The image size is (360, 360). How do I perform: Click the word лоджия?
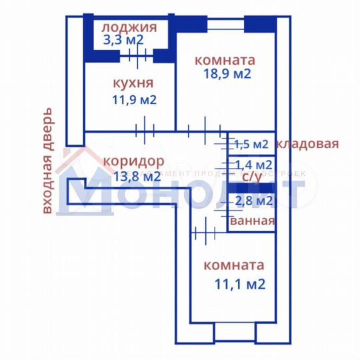[129, 27]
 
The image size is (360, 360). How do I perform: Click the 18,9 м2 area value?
[227, 73]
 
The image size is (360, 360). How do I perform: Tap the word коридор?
[133, 161]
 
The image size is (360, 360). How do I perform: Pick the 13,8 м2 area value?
[137, 177]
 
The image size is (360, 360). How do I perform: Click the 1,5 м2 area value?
[251, 144]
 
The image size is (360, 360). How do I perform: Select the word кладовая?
[308, 143]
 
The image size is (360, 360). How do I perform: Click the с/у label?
[251, 177]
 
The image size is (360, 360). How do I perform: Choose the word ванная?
[252, 221]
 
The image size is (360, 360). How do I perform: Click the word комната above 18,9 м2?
[225, 59]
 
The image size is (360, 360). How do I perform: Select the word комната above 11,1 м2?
[233, 265]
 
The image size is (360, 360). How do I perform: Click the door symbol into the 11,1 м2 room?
[203, 233]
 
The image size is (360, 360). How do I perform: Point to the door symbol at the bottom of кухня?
[144, 128]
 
